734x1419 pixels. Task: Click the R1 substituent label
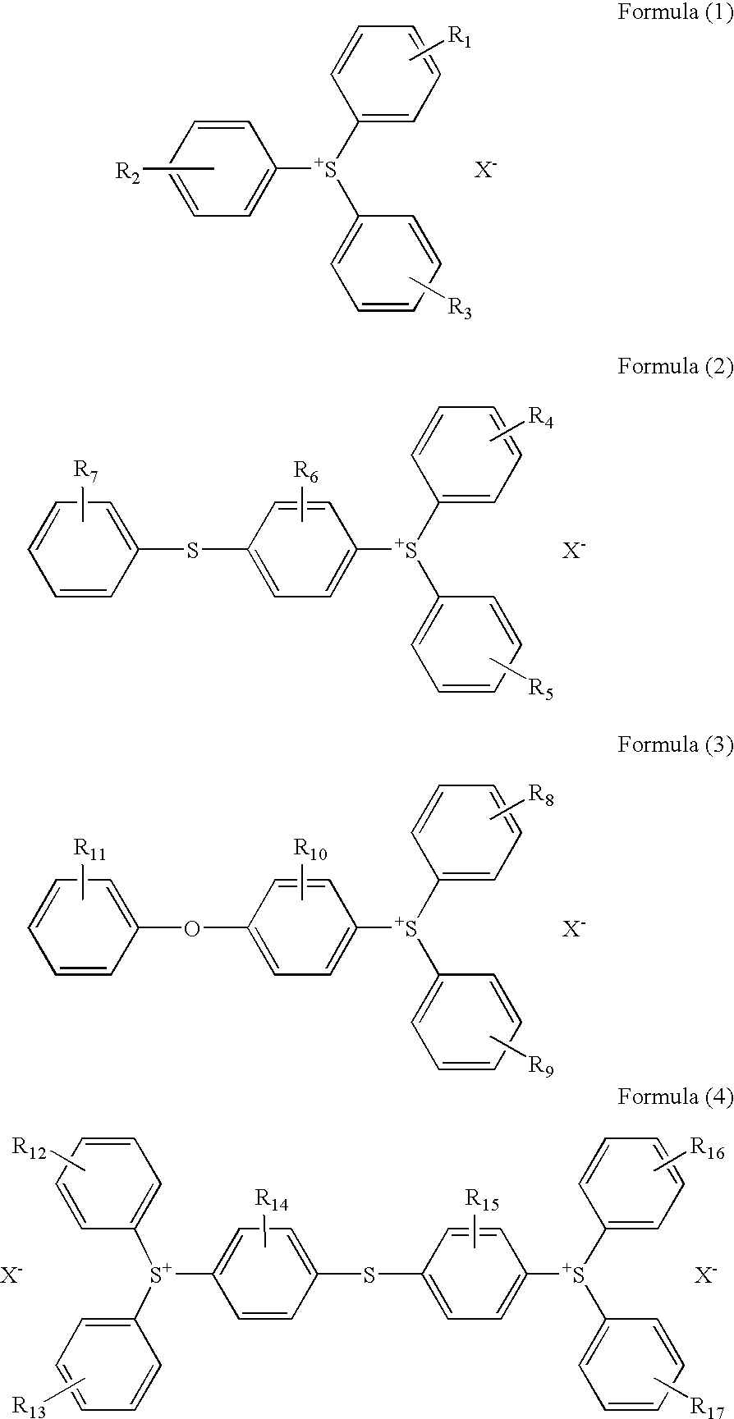click(458, 37)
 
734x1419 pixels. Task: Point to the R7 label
click(86, 470)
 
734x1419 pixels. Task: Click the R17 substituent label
click(706, 1406)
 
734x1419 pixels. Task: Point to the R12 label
click(29, 1147)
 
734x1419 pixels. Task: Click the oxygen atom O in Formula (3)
click(192, 929)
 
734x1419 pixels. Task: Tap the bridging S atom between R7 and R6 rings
click(192, 550)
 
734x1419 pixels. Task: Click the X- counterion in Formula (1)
click(484, 171)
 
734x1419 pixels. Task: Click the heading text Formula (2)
click(674, 366)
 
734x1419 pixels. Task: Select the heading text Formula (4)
click(674, 1098)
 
